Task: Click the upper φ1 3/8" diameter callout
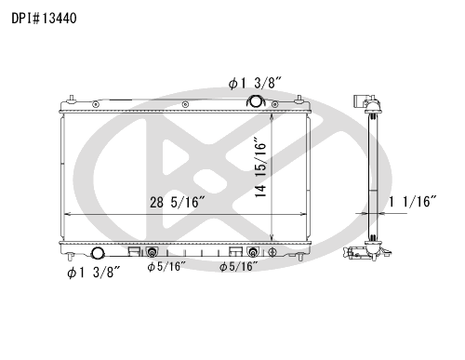(x=256, y=83)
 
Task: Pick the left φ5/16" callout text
(x=166, y=268)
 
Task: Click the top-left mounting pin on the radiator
(x=73, y=97)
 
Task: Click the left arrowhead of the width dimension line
(x=65, y=214)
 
